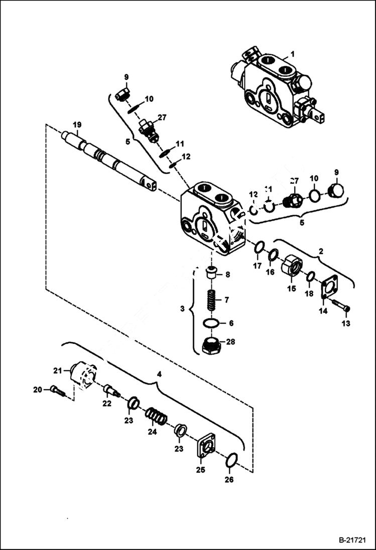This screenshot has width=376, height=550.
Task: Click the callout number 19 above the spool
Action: pos(76,124)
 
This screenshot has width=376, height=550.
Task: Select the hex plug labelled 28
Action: pos(211,345)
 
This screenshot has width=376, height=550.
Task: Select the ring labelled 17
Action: pos(259,248)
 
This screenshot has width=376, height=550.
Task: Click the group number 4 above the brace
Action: pos(159,374)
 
